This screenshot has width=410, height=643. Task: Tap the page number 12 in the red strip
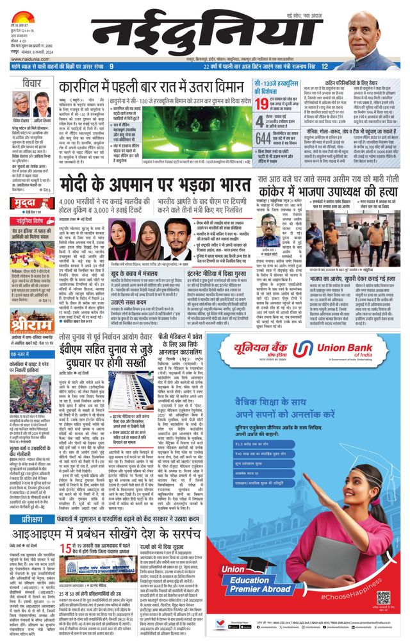tap(325, 67)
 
